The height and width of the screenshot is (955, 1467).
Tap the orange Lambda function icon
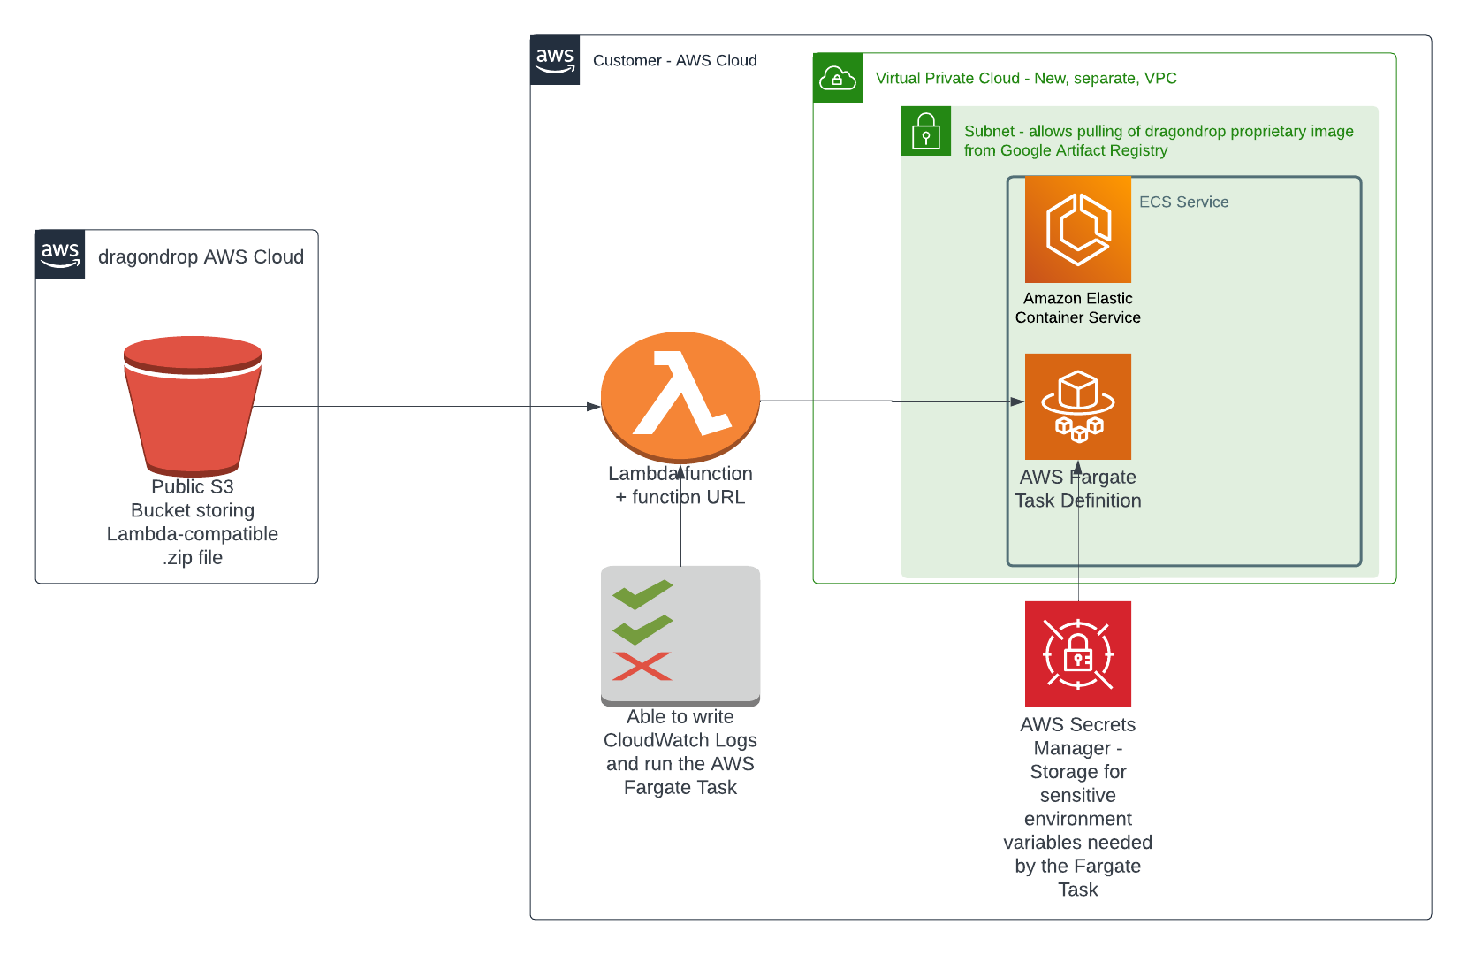680,396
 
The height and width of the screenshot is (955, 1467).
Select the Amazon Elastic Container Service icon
1078,230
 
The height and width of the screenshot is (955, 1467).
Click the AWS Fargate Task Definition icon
1078,407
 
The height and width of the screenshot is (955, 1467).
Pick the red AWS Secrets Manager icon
1078,654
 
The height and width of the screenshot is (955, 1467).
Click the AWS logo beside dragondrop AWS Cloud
60,255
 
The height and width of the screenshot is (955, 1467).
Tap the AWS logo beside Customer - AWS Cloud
555,60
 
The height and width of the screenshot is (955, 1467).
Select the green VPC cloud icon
838,78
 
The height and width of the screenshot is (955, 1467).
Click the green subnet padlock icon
926,131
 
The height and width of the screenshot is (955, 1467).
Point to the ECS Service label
1183,202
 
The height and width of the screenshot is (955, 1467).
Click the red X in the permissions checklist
642,666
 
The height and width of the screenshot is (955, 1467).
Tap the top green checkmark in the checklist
642,594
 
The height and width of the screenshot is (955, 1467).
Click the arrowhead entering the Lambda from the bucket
594,407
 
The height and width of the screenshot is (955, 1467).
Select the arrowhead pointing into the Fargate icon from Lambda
1017,401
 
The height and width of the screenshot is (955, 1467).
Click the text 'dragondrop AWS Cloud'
201,256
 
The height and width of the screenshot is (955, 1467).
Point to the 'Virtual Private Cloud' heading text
947,78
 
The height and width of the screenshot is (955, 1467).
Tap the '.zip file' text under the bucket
193,558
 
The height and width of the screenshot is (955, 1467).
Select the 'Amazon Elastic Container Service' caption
1078,308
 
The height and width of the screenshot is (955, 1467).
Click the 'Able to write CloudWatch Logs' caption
680,729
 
